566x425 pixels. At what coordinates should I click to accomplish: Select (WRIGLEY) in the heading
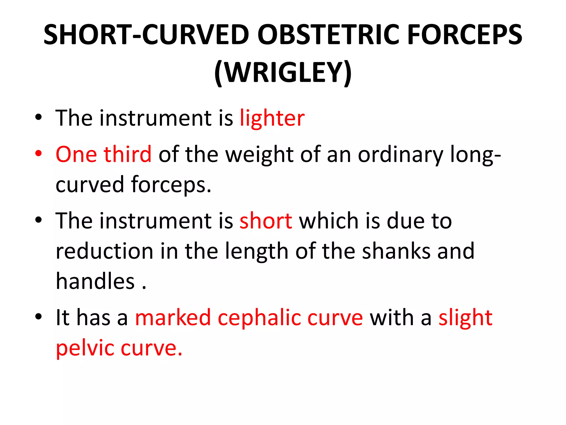(x=283, y=72)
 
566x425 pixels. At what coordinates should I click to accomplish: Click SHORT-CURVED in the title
(x=146, y=35)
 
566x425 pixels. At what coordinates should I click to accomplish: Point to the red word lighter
(x=272, y=118)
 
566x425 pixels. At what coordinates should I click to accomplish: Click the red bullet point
(x=38, y=153)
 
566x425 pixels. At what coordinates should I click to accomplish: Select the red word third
(x=127, y=154)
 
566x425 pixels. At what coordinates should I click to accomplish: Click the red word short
(x=266, y=221)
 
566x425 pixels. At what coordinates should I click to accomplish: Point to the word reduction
(x=104, y=251)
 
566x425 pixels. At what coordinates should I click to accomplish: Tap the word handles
(x=95, y=281)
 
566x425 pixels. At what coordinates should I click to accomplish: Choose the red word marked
(x=173, y=317)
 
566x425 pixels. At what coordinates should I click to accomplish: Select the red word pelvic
(x=85, y=348)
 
